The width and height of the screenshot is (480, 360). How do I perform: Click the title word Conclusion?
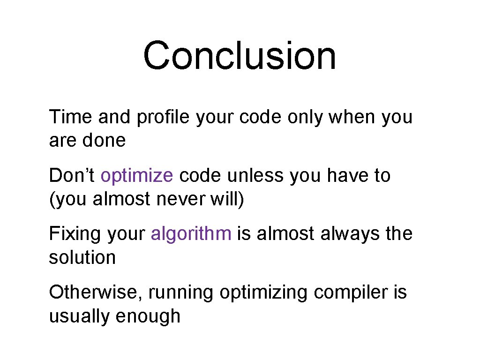(x=240, y=56)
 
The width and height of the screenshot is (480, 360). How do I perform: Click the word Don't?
(x=72, y=176)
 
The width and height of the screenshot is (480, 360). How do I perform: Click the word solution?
(x=82, y=257)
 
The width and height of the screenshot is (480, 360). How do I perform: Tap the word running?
(x=181, y=293)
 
